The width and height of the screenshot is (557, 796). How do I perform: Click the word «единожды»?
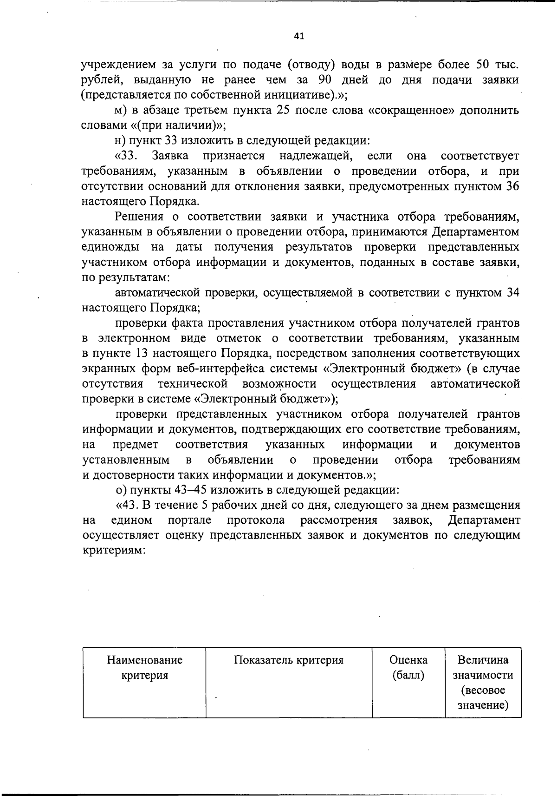(x=109, y=247)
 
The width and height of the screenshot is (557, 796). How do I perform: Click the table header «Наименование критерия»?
(x=144, y=668)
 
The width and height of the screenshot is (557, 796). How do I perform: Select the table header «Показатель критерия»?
(x=289, y=660)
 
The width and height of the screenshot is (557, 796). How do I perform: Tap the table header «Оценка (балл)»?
(x=408, y=668)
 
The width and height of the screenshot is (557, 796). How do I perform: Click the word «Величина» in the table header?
(x=483, y=660)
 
